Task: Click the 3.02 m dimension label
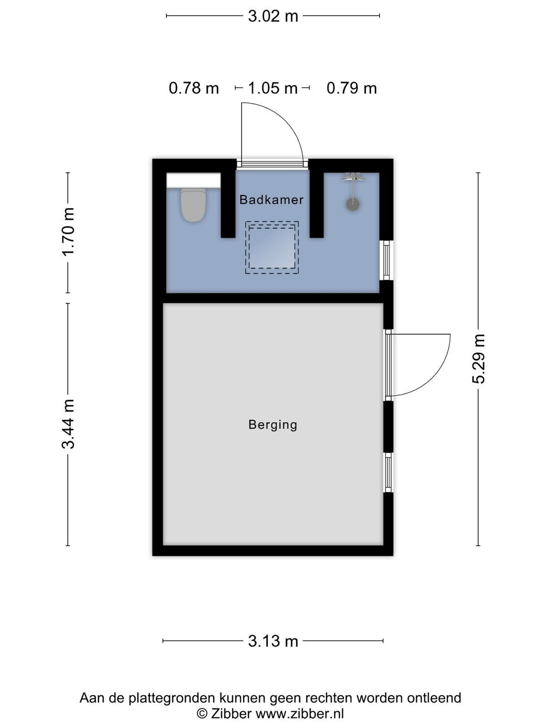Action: pos(273,16)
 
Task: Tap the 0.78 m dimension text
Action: pos(194,88)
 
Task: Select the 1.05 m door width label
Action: pos(273,88)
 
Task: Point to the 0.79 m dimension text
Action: pos(351,88)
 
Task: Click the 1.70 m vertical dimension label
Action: pos(68,232)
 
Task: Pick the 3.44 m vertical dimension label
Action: pos(68,424)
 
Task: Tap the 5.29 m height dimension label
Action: pos(478,359)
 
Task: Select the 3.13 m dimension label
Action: pos(273,641)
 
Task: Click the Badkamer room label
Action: pos(272,200)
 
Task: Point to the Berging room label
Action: pos(273,425)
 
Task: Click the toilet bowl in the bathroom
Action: pos(194,205)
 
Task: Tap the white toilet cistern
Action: pos(194,180)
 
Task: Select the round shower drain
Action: pos(353,204)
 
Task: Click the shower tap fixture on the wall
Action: pos(354,177)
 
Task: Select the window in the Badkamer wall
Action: pos(387,260)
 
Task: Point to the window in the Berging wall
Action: pos(388,472)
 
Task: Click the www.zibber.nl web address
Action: pos(300,713)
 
